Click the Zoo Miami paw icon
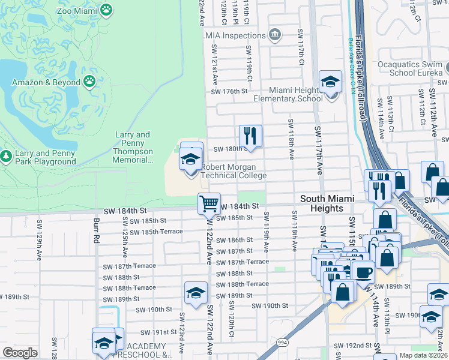(107, 10)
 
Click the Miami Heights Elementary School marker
(330, 82)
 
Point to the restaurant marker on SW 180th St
(251, 136)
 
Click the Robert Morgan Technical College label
(233, 172)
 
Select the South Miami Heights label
(327, 203)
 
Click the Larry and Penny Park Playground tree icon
(7, 157)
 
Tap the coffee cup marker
(363, 272)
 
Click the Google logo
(20, 353)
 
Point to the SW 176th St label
(229, 91)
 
